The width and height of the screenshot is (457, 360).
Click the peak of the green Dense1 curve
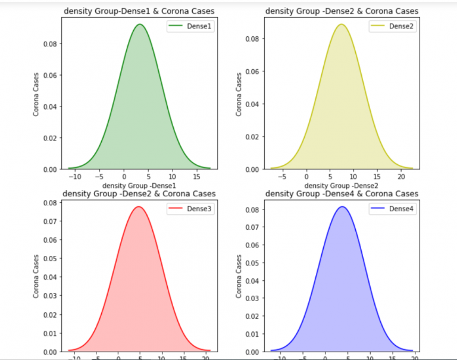click(x=139, y=25)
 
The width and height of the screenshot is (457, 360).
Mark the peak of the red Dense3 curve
click(x=139, y=207)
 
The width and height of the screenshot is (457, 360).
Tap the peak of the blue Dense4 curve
click(x=342, y=207)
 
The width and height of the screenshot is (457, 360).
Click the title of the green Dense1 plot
click(x=139, y=11)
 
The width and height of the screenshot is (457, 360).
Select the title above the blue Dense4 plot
click(x=342, y=194)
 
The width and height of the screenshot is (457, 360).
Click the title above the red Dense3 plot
click(x=139, y=194)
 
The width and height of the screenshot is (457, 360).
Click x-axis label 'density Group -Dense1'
click(x=139, y=186)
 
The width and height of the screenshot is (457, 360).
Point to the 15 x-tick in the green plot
click(x=197, y=177)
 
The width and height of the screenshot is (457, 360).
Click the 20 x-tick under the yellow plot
click(x=401, y=177)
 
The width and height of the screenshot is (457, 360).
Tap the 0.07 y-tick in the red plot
click(x=49, y=221)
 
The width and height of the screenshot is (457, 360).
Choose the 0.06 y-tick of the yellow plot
click(x=251, y=71)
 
